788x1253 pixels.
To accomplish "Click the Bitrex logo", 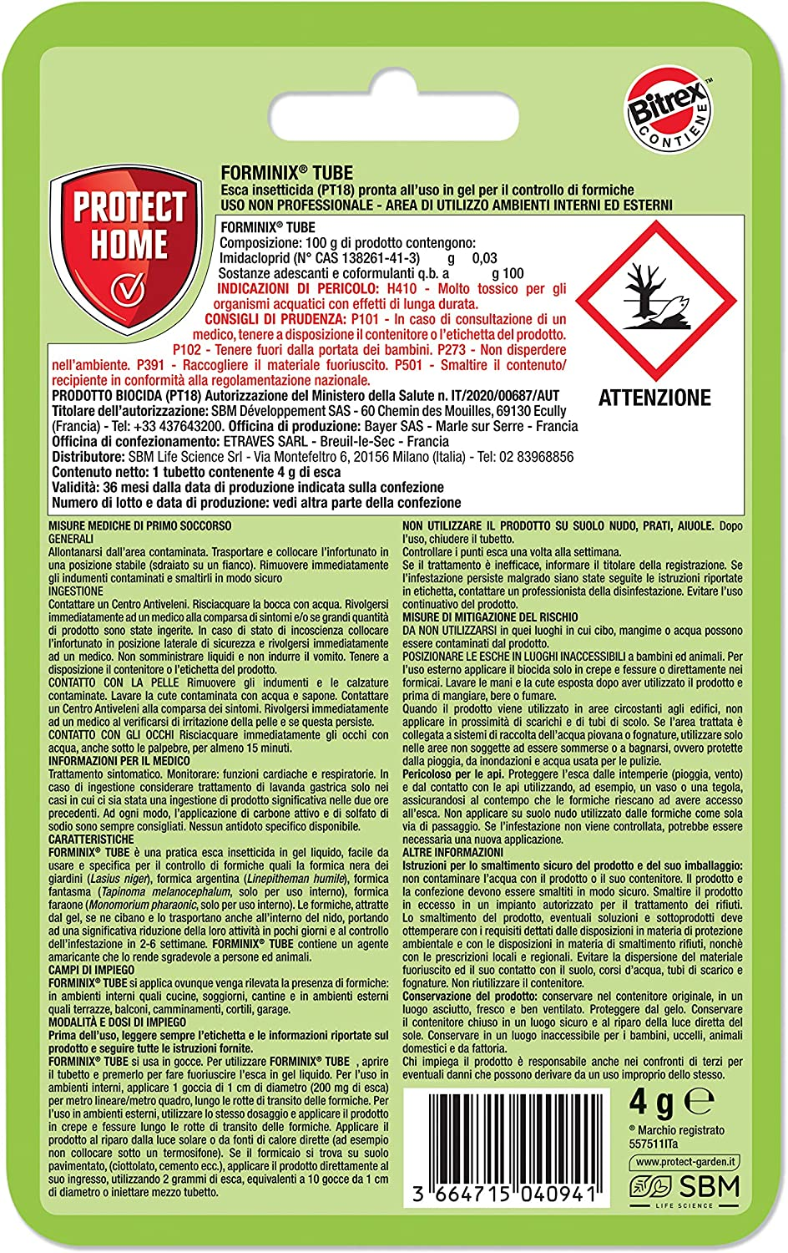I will coord(674,109).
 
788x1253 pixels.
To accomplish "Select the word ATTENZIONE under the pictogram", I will coord(654,398).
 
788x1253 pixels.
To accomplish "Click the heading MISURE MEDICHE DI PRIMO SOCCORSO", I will coord(139,526).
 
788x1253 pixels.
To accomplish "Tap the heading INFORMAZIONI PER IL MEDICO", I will coord(119,761).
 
